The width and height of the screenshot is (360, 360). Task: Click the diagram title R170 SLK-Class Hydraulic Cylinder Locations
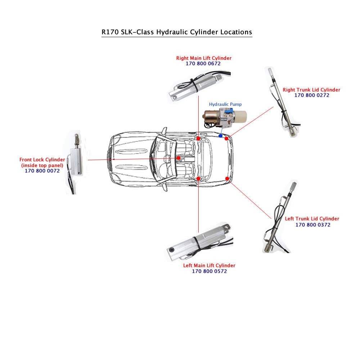coord(177,32)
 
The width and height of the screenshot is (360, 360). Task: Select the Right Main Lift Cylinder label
coord(204,58)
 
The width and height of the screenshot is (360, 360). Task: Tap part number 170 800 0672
coord(203,63)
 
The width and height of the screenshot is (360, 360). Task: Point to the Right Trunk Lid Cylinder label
coord(311,90)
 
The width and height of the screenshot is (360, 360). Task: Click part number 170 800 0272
coord(312,95)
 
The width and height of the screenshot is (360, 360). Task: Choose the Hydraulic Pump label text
coord(225,104)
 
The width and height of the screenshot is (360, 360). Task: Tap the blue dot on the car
coord(220,136)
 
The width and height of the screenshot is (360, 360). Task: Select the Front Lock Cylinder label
coord(42,159)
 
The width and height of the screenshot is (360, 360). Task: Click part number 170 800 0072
coord(42,171)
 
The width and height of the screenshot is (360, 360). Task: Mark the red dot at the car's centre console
coord(178,158)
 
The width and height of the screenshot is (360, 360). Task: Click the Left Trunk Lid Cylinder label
coord(312,219)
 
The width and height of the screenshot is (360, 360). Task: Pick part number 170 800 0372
coord(313,225)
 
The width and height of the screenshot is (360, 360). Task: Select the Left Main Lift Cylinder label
coord(209,266)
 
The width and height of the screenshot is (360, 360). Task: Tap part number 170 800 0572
coord(209,271)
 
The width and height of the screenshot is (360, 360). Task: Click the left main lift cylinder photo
coord(200,243)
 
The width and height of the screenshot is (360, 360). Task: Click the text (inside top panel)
coord(42,165)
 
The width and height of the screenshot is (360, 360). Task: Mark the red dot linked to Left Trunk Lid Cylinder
coord(227,179)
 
